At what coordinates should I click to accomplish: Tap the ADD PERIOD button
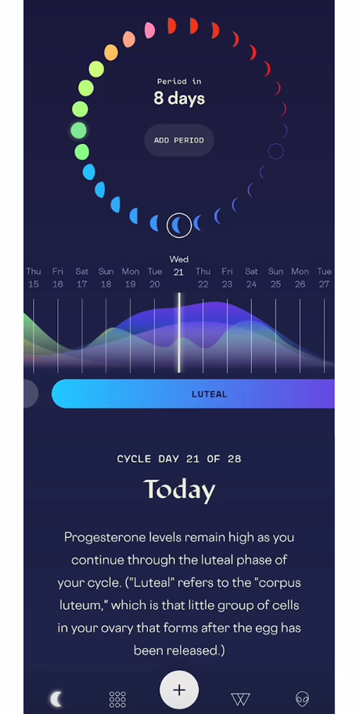tap(179, 140)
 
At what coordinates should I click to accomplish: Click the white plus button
tap(179, 690)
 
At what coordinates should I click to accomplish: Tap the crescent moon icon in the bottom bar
tap(56, 698)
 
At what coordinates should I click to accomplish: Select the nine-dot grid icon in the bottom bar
tap(117, 699)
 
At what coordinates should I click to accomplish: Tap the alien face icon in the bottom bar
tap(302, 698)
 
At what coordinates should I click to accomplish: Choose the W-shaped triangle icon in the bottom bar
tap(240, 699)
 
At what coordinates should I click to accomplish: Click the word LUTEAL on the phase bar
tap(210, 395)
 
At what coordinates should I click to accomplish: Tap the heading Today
tap(179, 490)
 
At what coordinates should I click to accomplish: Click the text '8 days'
tap(179, 99)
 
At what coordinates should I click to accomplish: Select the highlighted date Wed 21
tap(179, 272)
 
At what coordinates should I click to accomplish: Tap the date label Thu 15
tap(33, 278)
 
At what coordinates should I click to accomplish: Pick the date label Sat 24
tap(251, 278)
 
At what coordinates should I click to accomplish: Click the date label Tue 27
tap(324, 278)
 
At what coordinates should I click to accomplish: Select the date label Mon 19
tap(130, 278)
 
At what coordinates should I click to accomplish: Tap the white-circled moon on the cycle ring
tap(179, 225)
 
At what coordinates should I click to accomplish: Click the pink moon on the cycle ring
tap(149, 30)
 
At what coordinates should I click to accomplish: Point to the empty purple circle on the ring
tap(275, 151)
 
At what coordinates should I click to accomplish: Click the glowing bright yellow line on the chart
tap(179, 333)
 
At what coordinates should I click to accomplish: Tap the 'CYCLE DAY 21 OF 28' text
tap(179, 459)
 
